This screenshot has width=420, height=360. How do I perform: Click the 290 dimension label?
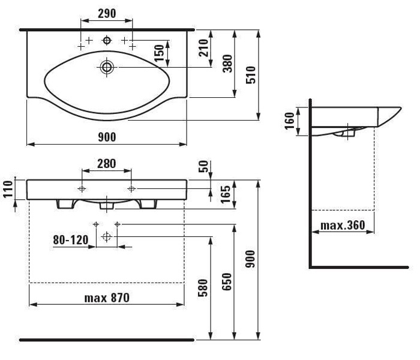pos(107,13)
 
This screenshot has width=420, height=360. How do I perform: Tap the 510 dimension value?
pos(251,75)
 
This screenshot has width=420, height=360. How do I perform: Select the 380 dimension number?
pos(227,64)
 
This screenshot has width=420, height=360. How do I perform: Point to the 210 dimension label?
pos(203,47)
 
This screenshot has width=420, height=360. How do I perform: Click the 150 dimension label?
pos(159,53)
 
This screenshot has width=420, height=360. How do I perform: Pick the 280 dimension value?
pos(107,164)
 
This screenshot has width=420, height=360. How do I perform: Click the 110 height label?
pos(8,189)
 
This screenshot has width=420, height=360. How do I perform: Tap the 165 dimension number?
pos(225,194)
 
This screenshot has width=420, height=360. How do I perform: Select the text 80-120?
pos(71,240)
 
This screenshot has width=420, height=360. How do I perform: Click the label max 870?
pos(107,298)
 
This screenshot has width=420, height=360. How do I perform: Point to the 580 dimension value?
pos(203,287)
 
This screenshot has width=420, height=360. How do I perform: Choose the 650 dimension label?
pos(227,282)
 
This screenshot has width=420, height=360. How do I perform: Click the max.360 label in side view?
pos(343,225)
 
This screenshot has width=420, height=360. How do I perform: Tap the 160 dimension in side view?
pos(289,121)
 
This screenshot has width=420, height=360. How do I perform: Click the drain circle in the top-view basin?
pos(107,67)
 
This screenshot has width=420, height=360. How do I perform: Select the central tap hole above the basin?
pos(107,40)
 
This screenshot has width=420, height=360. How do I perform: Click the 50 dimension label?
pos(203,166)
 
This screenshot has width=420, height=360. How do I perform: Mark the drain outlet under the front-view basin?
pos(107,205)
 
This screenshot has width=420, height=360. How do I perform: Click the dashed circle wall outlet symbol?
pos(107,237)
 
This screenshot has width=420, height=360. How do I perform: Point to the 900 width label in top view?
pos(107,137)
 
